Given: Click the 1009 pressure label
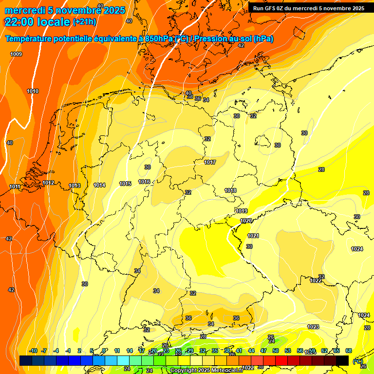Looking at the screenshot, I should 16,54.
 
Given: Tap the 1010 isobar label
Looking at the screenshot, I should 33,91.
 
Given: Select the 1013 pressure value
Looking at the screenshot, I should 75,186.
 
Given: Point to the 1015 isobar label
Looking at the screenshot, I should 125,184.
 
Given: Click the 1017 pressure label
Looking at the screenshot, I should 210,162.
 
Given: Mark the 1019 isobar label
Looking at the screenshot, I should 242,211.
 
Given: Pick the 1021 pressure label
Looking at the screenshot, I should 253,236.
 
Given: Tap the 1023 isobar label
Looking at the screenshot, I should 313,326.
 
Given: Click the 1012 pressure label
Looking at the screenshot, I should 48,183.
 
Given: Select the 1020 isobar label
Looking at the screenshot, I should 246,221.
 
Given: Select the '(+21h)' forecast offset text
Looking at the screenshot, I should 84,22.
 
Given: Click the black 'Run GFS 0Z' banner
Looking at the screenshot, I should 308,8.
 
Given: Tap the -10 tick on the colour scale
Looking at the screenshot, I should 33,351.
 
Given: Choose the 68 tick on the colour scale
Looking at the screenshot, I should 349,351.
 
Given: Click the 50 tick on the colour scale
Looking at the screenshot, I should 276,351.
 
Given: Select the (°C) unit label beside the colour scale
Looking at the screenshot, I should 357,361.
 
